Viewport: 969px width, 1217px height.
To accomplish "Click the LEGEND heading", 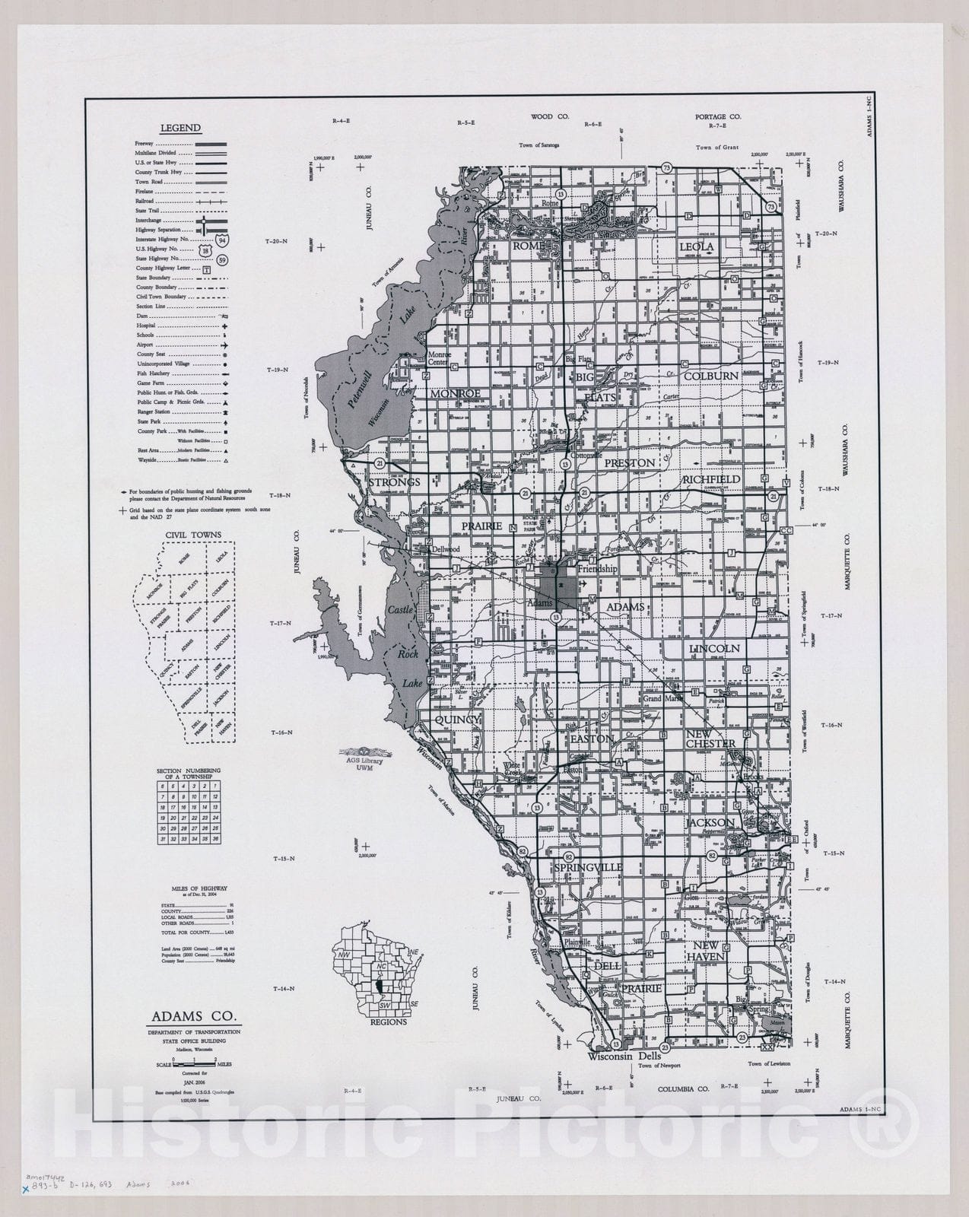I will pyautogui.click(x=180, y=129).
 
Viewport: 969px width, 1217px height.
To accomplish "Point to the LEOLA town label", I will pyautogui.click(x=697, y=246).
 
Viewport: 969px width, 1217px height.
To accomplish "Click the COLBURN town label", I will pyautogui.click(x=710, y=376).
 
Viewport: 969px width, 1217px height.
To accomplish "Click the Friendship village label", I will pyautogui.click(x=598, y=568).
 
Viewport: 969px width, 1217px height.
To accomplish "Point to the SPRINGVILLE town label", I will pyautogui.click(x=588, y=867).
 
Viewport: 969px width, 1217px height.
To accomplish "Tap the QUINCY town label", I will pyautogui.click(x=458, y=720).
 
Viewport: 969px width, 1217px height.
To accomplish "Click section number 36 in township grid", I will pyautogui.click(x=216, y=839).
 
